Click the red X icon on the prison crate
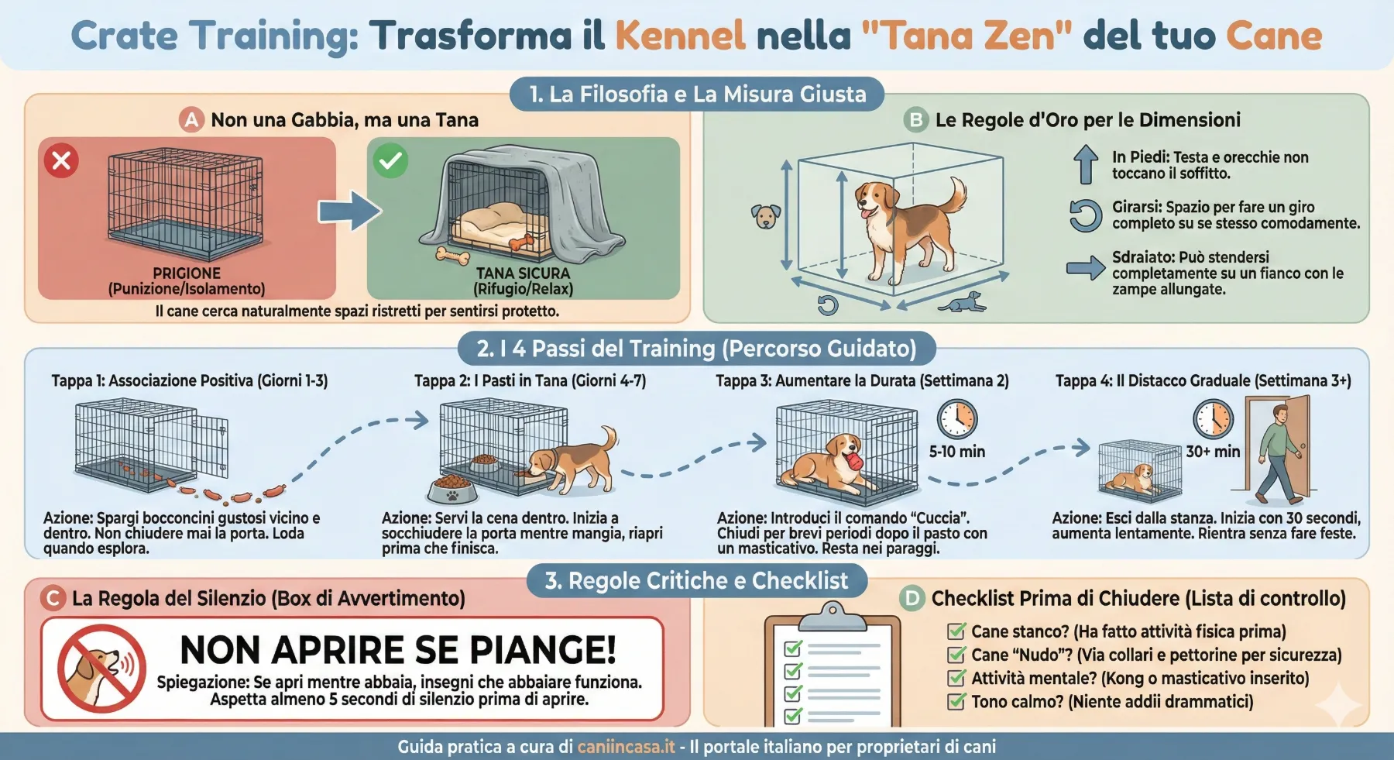coord(61,160)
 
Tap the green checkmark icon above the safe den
coord(390,160)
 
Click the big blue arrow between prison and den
coord(350,210)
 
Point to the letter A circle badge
coord(191,120)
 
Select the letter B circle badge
coord(916,120)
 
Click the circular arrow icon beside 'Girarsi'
coord(1085,215)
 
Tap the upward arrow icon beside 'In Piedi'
coord(1086,165)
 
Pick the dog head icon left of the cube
coord(766,216)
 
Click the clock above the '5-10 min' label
coord(957,419)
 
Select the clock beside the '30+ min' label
coord(1213,419)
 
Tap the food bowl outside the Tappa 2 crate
coord(452,489)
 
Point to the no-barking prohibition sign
coord(101,668)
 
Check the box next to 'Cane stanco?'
coord(957,631)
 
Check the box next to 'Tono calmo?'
coord(957,702)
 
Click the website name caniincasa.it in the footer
coord(627,747)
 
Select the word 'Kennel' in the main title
coord(680,36)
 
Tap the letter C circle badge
coord(53,598)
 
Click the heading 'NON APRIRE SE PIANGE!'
coord(398,650)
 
